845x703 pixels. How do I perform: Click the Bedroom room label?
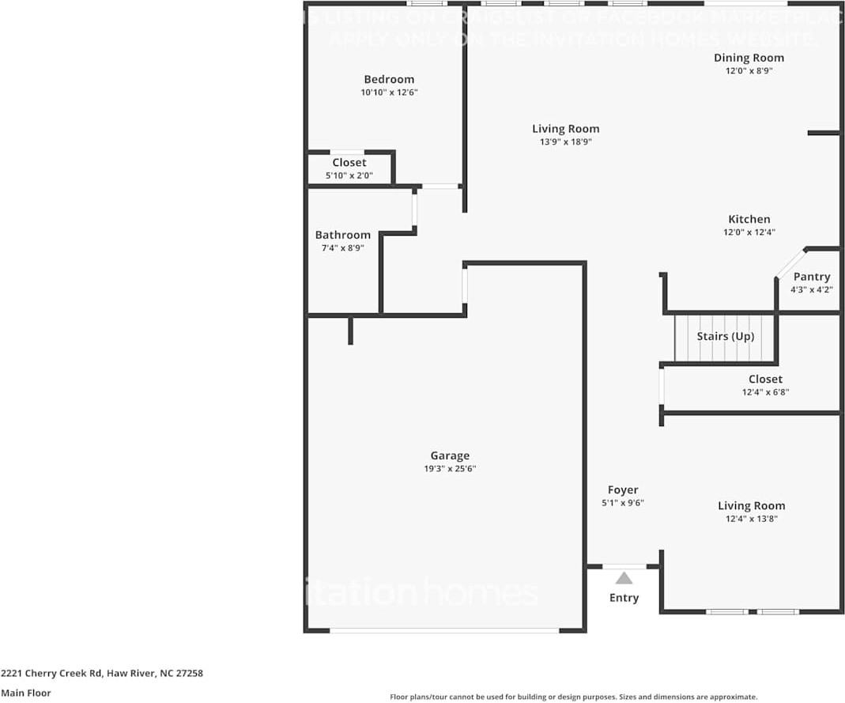tap(389, 79)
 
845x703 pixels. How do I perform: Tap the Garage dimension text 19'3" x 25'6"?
tap(450, 469)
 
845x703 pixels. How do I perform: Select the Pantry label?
tap(812, 277)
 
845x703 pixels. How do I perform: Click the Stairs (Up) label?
tap(725, 337)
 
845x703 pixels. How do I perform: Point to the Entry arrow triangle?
tap(624, 578)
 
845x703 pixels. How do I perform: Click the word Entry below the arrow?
tap(624, 598)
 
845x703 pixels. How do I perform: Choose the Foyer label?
tap(623, 490)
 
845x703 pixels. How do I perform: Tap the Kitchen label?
tap(749, 219)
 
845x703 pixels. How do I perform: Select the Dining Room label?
tap(749, 58)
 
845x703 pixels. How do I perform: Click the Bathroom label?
tap(342, 235)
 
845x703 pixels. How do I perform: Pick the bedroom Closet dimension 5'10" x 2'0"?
tap(349, 176)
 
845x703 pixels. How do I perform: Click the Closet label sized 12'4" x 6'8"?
tap(765, 380)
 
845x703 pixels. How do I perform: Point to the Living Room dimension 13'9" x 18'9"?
tap(565, 142)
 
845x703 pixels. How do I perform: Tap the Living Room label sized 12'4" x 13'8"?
tap(751, 506)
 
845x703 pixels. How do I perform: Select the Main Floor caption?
tap(26, 693)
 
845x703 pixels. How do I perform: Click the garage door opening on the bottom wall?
tap(444, 630)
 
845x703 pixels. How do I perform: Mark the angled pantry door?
tap(790, 263)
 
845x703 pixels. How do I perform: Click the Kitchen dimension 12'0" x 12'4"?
tap(749, 232)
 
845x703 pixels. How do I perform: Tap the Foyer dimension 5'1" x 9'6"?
tap(623, 503)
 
